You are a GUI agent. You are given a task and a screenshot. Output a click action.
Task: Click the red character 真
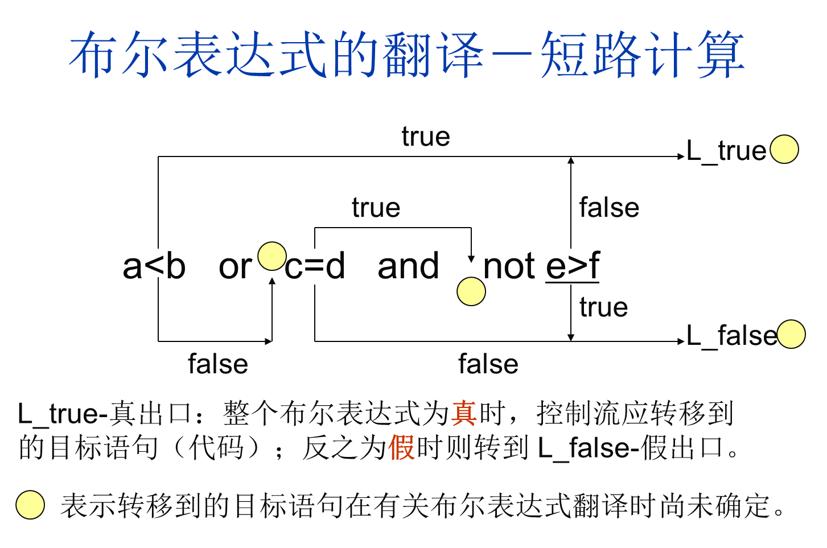pos(463,413)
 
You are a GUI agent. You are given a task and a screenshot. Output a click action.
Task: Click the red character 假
pos(401,447)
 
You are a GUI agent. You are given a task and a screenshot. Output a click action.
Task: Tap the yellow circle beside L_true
pos(784,150)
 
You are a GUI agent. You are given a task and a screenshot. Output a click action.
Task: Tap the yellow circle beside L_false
pos(791,334)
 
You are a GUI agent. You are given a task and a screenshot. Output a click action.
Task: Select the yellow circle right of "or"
pos(272,256)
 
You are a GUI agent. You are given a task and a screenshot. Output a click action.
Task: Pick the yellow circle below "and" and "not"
pos(471,291)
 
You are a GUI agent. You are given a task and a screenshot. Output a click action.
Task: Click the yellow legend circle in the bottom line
pos(30,505)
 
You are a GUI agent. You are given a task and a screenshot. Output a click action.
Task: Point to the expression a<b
pos(154,266)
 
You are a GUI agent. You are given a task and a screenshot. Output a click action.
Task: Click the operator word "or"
pos(234,266)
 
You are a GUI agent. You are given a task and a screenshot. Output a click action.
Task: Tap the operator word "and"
pos(408,266)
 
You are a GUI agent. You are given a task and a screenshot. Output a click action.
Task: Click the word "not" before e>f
pos(509,266)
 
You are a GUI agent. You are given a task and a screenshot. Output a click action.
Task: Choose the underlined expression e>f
pos(573,266)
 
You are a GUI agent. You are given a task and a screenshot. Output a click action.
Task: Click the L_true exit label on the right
pos(726,151)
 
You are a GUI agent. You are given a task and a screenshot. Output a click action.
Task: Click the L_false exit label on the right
pos(731,336)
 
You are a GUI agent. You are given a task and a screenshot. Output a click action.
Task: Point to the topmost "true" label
pos(426,137)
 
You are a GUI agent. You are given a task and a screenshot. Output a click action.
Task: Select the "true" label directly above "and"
pos(376,208)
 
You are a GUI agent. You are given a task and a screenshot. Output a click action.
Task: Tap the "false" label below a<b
pos(218,364)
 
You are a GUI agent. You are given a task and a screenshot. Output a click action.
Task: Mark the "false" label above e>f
pos(609,208)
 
